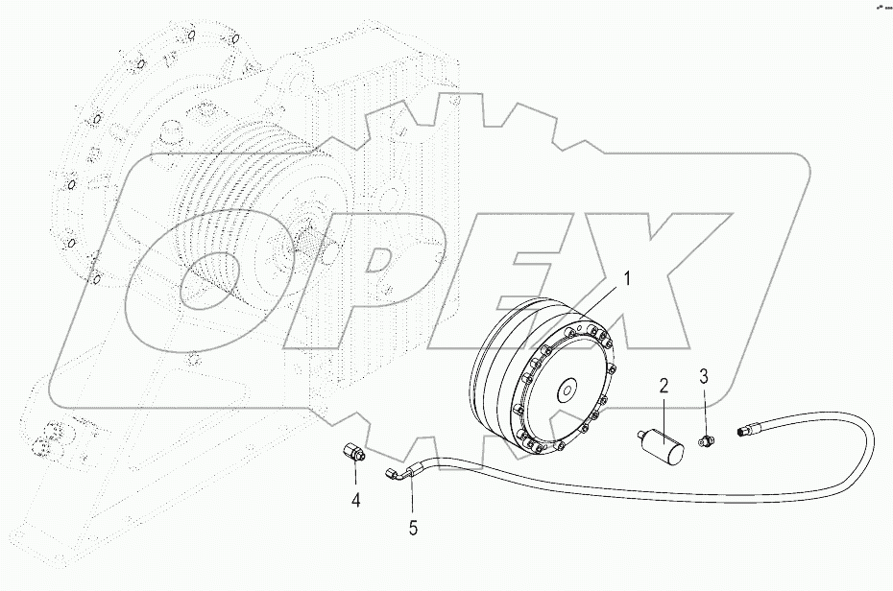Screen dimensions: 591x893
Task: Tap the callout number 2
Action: click(x=663, y=386)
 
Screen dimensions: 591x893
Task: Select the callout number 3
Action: click(x=703, y=375)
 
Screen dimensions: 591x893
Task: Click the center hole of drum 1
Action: click(x=567, y=390)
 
